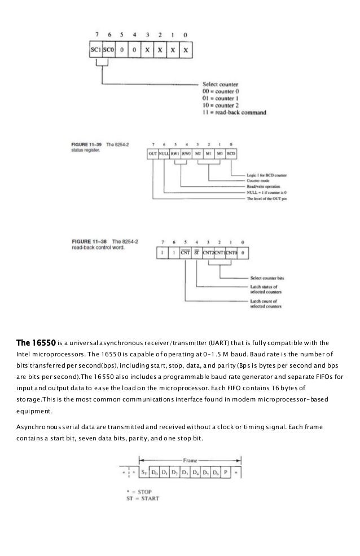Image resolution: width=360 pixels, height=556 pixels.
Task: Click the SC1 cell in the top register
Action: click(x=95, y=51)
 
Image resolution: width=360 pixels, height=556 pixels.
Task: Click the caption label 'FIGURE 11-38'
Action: click(x=80, y=241)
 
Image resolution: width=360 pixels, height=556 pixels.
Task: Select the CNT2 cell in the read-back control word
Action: click(x=208, y=253)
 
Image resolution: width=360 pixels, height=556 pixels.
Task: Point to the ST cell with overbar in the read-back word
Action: click(x=196, y=253)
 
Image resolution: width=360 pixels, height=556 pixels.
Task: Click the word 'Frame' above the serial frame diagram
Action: click(x=181, y=461)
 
